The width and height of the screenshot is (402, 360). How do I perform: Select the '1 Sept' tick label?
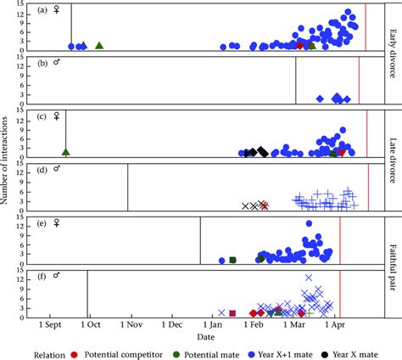(x=50, y=323)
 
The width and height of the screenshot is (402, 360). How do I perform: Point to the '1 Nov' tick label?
(x=131, y=323)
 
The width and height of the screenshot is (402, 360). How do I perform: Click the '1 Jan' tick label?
(x=215, y=323)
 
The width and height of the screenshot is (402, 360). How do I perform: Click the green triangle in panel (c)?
(x=65, y=152)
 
